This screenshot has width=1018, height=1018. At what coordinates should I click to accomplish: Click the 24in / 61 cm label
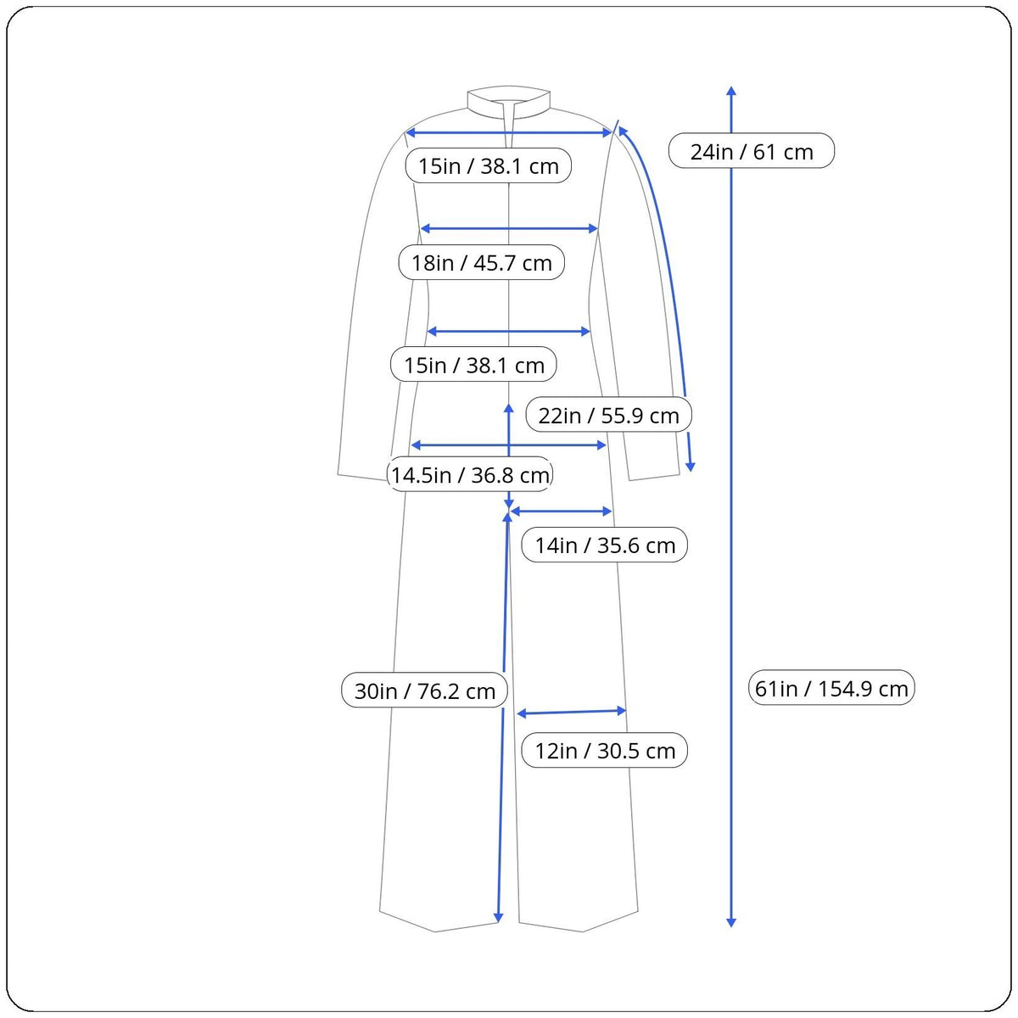[x=752, y=151]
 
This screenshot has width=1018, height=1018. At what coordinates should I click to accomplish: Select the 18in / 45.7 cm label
[x=481, y=262]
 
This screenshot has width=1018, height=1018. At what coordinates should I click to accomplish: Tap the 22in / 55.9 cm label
[x=608, y=415]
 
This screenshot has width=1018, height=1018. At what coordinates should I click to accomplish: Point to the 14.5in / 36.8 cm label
[x=470, y=474]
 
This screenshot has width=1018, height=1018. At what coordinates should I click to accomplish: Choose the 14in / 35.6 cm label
[x=604, y=545]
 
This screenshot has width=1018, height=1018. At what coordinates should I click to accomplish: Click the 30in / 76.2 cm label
[x=424, y=691]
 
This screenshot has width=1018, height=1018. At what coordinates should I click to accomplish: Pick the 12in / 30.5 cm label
[x=604, y=750]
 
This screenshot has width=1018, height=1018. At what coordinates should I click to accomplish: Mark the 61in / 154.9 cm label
[x=831, y=688]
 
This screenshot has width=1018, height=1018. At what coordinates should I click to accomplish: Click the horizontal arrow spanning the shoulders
[x=508, y=132]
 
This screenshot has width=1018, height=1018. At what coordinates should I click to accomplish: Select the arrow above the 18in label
[x=509, y=229]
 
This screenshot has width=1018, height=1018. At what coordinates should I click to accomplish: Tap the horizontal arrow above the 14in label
[x=561, y=511]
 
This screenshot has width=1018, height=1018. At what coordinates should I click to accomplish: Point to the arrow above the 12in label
[x=572, y=712]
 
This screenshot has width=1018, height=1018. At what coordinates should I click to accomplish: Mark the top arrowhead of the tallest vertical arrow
[x=731, y=90]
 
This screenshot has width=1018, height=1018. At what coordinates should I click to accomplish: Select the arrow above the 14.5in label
[x=508, y=445]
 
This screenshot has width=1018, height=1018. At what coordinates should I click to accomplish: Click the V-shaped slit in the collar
[x=509, y=124]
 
